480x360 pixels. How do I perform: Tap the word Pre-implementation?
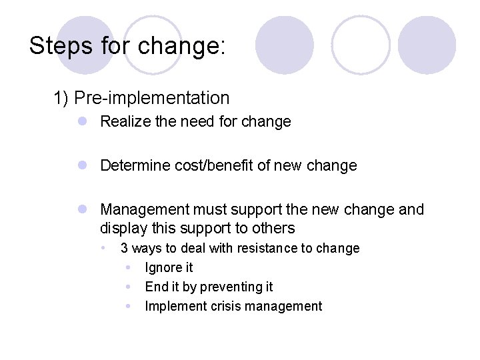(152, 98)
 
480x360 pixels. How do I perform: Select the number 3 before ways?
(124, 249)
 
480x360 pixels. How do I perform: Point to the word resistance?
(265, 249)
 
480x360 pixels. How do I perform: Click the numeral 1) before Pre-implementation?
(61, 98)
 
